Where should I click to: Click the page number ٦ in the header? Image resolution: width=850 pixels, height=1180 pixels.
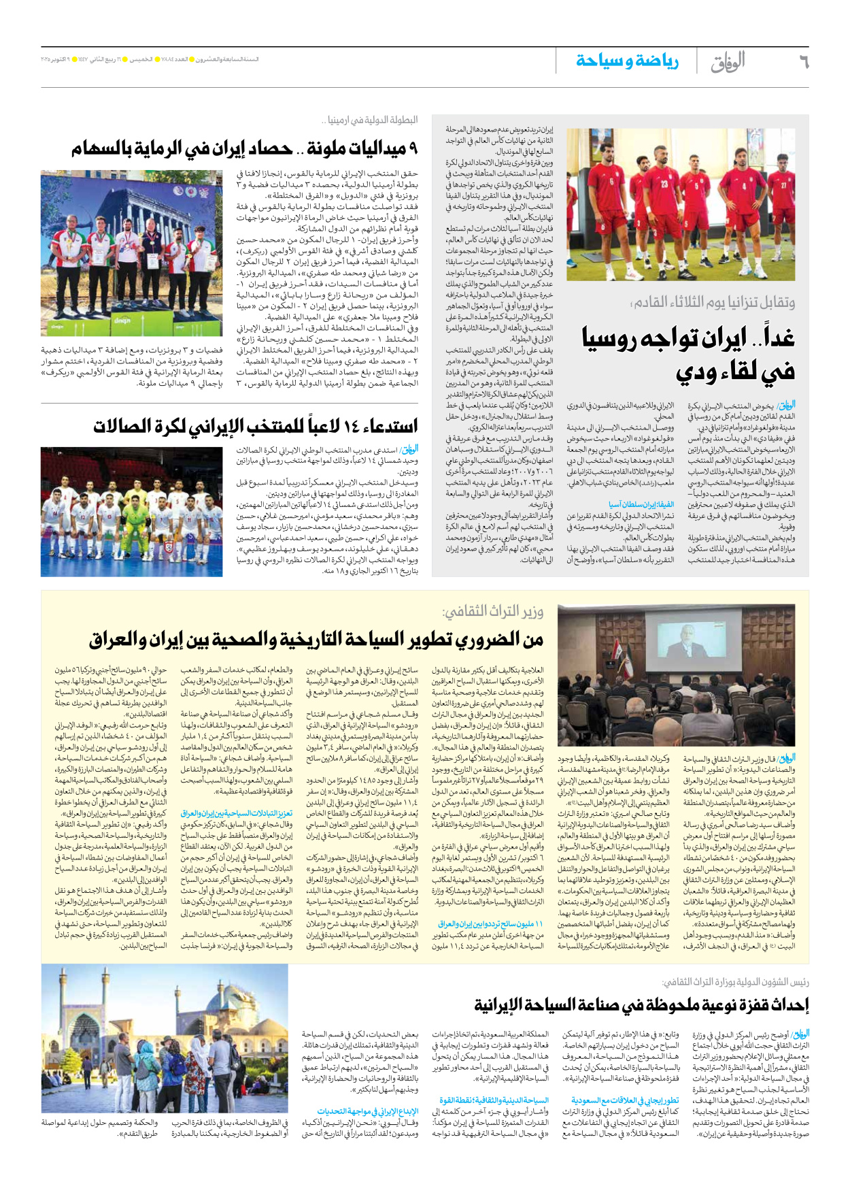click(x=803, y=62)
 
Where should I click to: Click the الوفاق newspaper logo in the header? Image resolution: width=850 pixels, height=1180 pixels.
click(x=727, y=62)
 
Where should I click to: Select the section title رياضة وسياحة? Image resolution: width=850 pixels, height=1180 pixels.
click(x=626, y=61)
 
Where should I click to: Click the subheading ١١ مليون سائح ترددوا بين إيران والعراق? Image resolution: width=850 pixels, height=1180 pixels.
click(x=490, y=923)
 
